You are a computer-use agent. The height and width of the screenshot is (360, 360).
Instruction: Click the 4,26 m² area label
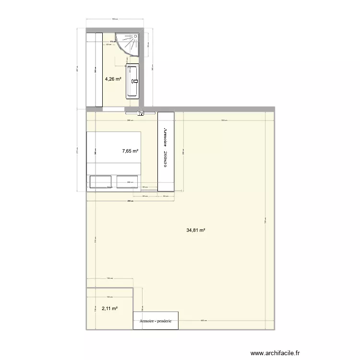point(113,79)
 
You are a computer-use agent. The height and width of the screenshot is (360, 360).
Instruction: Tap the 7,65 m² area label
point(130,151)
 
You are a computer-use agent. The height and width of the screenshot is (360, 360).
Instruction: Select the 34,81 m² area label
point(196,230)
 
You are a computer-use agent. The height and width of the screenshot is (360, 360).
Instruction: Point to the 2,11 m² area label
point(109,309)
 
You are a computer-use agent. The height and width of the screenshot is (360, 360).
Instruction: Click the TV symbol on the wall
point(141,113)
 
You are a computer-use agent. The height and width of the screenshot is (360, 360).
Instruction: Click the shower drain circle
point(135,37)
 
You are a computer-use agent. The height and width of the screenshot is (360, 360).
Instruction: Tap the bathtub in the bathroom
point(132,82)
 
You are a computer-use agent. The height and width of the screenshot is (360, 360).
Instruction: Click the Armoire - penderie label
point(156,322)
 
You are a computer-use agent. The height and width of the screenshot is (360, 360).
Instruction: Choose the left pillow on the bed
point(100,181)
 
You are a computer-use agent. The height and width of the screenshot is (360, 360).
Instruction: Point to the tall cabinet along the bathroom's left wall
point(94,70)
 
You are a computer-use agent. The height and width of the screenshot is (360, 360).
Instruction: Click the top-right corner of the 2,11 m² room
point(133,288)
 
